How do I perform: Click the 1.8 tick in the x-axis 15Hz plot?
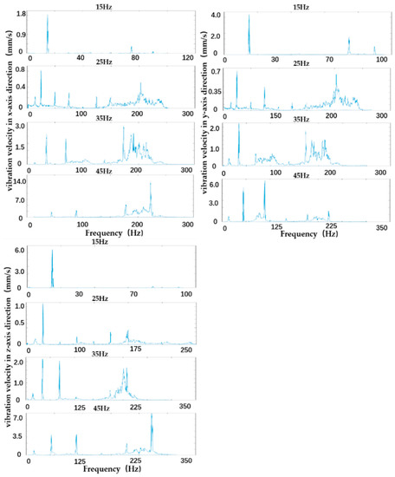point(19,15)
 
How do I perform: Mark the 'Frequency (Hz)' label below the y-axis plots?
point(300,234)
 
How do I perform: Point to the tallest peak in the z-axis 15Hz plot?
point(52,252)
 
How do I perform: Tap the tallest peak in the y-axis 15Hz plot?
point(249,16)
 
